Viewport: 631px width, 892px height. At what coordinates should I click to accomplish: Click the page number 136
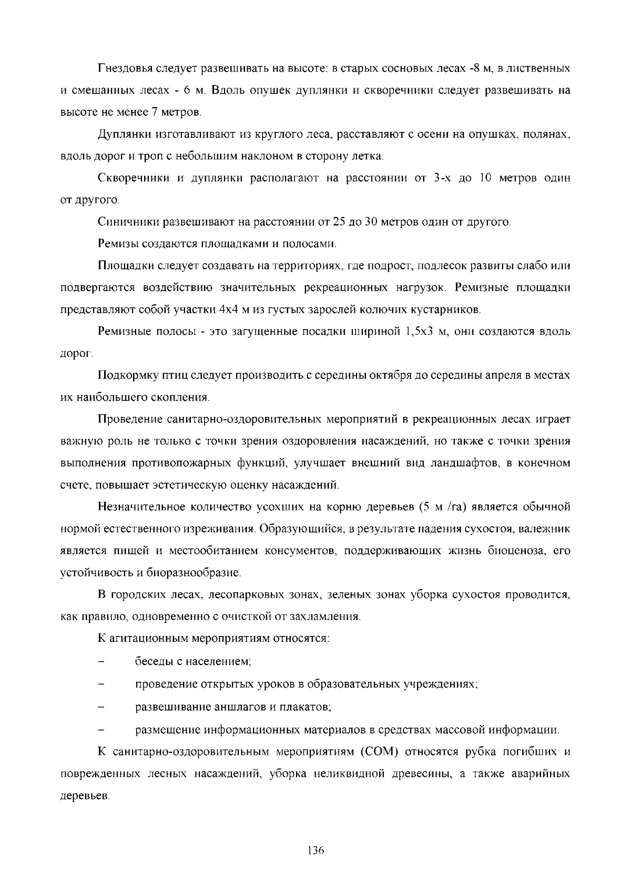coord(315,850)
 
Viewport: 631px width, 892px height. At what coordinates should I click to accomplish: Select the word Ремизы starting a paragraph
coord(117,244)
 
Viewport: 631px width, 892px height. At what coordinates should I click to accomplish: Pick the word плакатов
coord(308,707)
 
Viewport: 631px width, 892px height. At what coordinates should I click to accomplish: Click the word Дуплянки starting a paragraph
coord(124,135)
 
